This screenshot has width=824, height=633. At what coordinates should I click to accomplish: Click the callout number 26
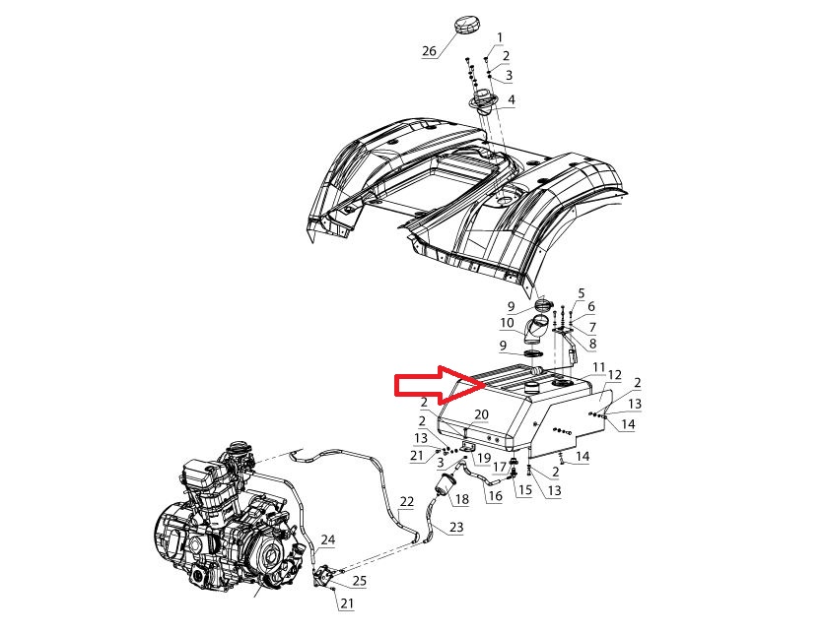click(430, 51)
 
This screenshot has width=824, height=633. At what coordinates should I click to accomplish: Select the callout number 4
click(511, 99)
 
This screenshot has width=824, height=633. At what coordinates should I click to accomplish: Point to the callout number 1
click(500, 37)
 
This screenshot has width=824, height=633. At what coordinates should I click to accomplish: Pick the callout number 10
click(507, 322)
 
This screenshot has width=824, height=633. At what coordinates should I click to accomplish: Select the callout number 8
click(592, 344)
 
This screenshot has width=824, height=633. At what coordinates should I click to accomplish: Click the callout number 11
click(599, 367)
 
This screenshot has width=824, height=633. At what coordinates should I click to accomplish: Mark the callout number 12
click(614, 375)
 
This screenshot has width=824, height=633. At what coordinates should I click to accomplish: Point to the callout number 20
click(481, 414)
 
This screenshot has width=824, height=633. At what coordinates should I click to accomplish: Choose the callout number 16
click(495, 495)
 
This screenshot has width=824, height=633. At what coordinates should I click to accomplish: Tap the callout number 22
click(407, 502)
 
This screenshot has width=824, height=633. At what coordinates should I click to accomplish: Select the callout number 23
click(456, 527)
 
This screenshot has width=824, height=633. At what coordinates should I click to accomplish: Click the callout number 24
click(328, 539)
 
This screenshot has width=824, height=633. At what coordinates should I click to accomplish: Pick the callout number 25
click(360, 581)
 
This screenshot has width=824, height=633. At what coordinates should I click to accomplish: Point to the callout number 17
click(500, 466)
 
